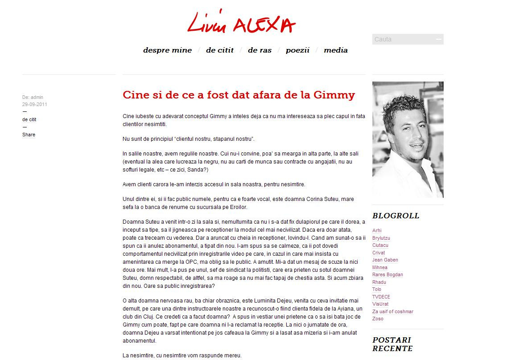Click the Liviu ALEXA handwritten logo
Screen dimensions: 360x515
coord(241,22)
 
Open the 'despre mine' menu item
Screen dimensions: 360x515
coord(167,50)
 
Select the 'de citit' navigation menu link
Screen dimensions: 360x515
coord(219,50)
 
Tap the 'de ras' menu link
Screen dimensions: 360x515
coord(260,50)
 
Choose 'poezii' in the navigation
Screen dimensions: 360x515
coord(297,50)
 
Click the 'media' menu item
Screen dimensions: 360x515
coord(335,50)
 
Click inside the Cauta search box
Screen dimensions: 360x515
coord(404,39)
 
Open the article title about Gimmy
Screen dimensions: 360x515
coord(239,95)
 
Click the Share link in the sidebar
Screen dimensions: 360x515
coord(29,135)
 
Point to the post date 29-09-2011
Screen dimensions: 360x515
coord(35,105)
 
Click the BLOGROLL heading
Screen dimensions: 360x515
coord(396,216)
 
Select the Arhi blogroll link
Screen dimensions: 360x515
coord(377,230)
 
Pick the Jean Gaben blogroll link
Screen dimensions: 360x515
coord(385,260)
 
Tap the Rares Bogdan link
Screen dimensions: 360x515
coord(387,274)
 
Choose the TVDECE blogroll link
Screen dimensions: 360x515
coord(381,297)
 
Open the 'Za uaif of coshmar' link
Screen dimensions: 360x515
coord(393,311)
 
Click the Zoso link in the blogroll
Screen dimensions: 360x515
coord(378,319)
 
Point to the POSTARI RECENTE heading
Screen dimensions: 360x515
coord(392,344)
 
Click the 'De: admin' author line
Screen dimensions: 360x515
coord(33,97)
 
